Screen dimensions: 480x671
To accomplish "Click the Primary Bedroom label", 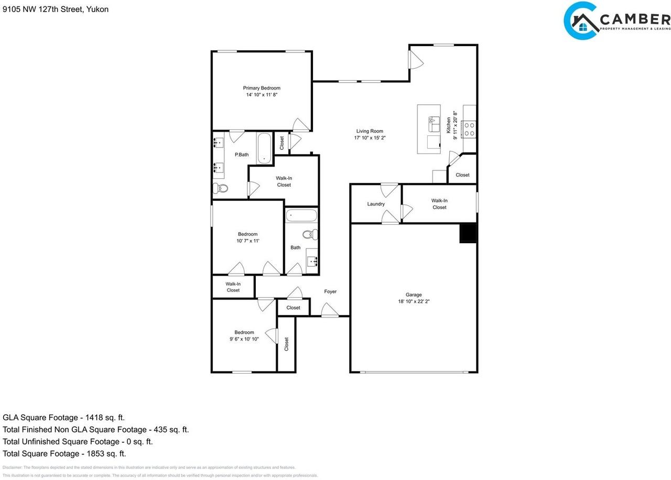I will pos(261,88).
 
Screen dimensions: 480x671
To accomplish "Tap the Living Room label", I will pos(370,132).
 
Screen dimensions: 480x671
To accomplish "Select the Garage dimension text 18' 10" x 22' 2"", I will pos(414,301).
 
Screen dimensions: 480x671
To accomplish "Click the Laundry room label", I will pos(376,204).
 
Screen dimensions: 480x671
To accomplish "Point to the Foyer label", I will pos(330,291).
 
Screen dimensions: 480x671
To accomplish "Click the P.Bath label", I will pos(241,155).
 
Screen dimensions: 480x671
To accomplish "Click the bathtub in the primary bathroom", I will pos(264,148).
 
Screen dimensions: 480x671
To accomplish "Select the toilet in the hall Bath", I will pos(310,234).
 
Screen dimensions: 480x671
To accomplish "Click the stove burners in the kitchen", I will pos(469,129).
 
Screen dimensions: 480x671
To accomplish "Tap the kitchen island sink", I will pos(434,125).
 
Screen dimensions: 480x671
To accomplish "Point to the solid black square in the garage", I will pos(468,233).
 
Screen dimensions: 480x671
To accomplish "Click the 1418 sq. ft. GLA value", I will pos(103,418).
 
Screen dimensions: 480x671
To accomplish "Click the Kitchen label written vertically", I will pos(449,125).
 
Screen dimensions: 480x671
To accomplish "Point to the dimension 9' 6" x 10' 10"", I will pos(244,339).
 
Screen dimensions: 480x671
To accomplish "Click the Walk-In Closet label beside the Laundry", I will pos(439,204).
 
